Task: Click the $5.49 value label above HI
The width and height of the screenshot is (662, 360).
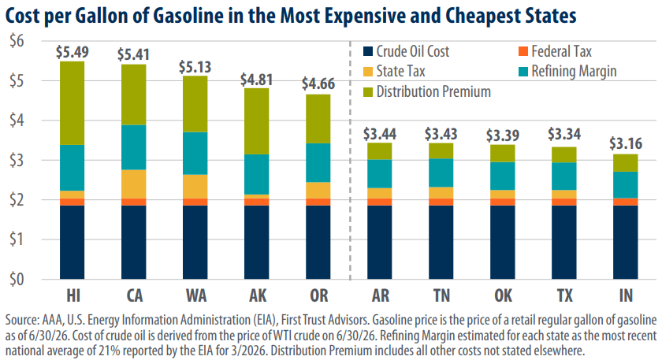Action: coord(73,52)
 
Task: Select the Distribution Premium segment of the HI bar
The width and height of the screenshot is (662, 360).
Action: coord(73,103)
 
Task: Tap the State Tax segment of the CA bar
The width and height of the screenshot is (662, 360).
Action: coord(134,184)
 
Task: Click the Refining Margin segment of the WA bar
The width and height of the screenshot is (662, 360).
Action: coord(195,153)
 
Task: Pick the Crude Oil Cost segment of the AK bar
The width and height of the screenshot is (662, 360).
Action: coord(257,243)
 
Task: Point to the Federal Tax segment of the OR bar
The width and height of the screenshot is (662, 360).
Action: coord(318,202)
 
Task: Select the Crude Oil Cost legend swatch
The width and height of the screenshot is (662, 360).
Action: coord(368,51)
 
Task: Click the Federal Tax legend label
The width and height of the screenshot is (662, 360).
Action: coord(561,51)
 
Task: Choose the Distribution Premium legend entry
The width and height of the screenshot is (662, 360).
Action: coord(427,91)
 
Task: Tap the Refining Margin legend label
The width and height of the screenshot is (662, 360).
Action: coord(575,72)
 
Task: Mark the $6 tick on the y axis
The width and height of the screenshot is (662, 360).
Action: coord(17,42)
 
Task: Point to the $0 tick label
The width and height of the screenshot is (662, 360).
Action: coord(17,280)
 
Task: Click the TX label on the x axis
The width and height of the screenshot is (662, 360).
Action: coord(564,296)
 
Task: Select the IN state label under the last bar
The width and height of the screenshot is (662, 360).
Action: coord(626,296)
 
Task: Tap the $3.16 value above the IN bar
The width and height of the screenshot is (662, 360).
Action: coord(626,144)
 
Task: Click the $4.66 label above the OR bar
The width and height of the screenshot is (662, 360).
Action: coord(318,84)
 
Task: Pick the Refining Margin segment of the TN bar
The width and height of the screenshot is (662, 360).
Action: coord(441,173)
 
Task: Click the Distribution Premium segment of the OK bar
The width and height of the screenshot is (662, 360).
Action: coord(503,154)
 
